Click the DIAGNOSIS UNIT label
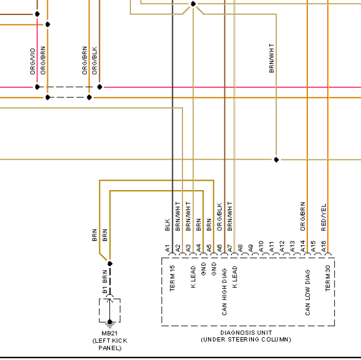[x=246, y=332]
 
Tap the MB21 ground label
[x=109, y=333]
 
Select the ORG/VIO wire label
[x=33, y=61]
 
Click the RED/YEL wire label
[x=323, y=217]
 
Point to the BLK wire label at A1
[x=167, y=225]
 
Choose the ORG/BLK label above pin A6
[x=219, y=216]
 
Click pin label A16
[x=323, y=246]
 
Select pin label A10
[x=261, y=246]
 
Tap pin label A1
[x=167, y=248]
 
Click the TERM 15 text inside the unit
[x=172, y=278]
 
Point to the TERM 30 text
[x=328, y=278]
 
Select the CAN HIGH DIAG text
[x=224, y=292]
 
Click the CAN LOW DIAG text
[x=308, y=292]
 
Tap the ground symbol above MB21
[x=110, y=325]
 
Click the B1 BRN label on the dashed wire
[x=105, y=282]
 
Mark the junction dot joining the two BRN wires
[x=110, y=264]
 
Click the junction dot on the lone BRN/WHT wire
[x=276, y=160]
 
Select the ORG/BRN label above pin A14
[x=303, y=216]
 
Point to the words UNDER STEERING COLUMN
[x=246, y=340]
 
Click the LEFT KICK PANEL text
[x=110, y=344]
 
